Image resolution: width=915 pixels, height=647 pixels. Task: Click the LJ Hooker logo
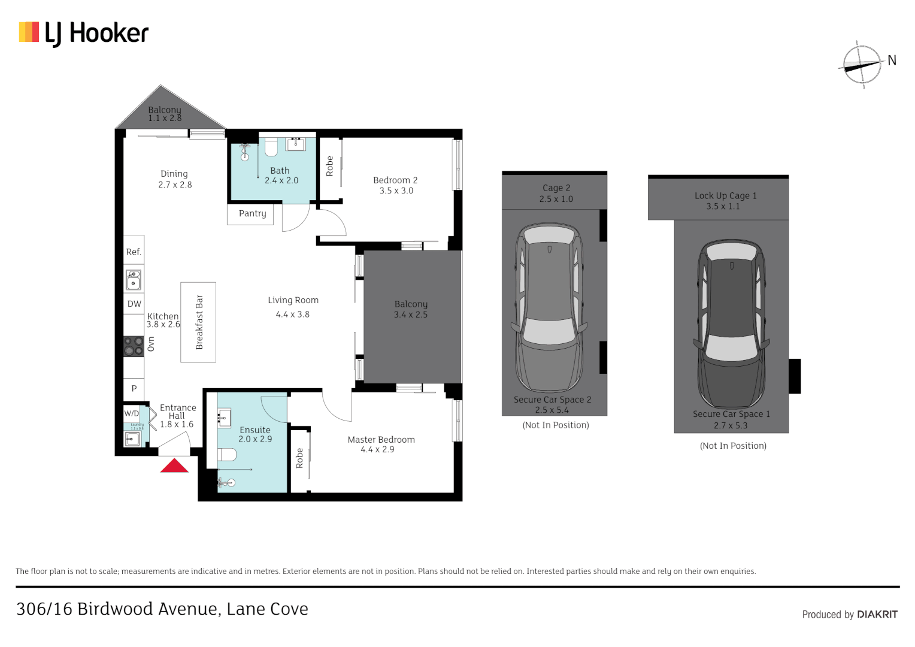coord(84,33)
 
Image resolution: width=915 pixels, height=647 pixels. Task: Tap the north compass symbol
coord(862,65)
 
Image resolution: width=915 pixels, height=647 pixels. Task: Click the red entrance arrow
coord(174,465)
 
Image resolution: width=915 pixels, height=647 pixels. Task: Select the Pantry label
coord(252,213)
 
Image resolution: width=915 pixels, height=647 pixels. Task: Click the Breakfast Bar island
coord(198,322)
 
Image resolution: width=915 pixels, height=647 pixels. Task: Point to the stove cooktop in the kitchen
coord(134,346)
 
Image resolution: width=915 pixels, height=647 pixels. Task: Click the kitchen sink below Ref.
coord(134,280)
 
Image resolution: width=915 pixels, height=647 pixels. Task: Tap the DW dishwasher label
coord(134,304)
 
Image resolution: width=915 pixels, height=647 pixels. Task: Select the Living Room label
coord(293,300)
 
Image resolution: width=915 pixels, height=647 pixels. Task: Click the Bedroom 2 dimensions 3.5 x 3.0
coord(396,191)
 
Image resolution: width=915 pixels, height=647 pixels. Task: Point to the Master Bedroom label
coord(381,439)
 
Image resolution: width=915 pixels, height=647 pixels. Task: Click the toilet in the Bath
coord(271,147)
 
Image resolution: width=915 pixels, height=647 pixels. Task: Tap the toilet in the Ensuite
coord(227,455)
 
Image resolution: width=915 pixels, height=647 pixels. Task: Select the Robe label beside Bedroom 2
coord(329,166)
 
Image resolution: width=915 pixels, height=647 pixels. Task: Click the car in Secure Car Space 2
coord(549,309)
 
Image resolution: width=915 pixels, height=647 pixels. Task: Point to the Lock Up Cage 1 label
coord(725,195)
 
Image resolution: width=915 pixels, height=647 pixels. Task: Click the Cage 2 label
coord(556,188)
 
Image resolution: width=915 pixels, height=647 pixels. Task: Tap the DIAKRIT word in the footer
coord(877,614)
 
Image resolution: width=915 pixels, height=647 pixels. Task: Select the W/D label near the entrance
coord(131,413)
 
